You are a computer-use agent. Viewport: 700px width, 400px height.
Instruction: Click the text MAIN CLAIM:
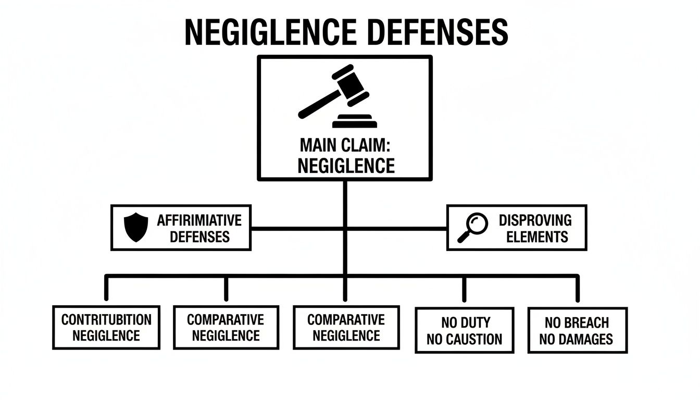pos(345,146)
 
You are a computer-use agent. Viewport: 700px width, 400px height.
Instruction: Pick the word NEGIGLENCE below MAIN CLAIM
pos(345,166)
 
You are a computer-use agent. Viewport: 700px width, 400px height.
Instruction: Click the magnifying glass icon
pos(472,228)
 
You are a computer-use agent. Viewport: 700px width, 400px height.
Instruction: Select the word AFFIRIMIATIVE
pos(199,220)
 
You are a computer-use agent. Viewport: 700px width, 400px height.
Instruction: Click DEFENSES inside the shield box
pos(199,237)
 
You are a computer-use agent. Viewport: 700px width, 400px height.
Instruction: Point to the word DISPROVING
pos(535,220)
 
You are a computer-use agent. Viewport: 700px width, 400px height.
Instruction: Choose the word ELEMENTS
pos(536,237)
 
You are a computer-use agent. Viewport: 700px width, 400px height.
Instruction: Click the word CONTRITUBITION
pos(106,319)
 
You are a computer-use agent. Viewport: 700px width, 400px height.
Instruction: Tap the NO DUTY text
pos(464,322)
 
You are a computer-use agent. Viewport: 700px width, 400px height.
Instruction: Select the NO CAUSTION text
pos(464,340)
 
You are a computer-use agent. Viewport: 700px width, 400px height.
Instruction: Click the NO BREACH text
pos(577,322)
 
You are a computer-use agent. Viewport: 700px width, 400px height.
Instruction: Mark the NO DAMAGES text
pos(577,340)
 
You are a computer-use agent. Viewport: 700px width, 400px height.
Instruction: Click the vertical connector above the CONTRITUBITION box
pos(106,288)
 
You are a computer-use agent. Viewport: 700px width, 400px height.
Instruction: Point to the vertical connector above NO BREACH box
pos(577,288)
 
